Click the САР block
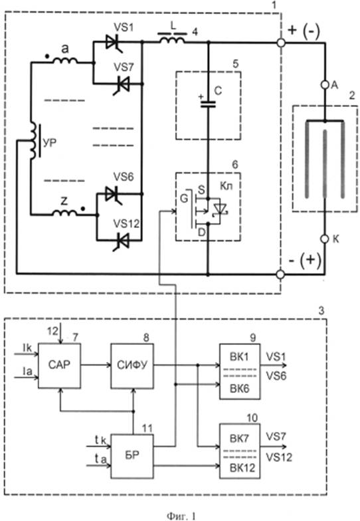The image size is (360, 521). [x=60, y=365]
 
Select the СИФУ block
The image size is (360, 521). [x=132, y=365]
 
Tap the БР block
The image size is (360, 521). [x=132, y=456]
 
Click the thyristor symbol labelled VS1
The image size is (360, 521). [x=114, y=43]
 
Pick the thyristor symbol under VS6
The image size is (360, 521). [x=114, y=194]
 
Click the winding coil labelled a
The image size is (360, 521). [x=65, y=60]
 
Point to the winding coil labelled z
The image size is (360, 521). [x=65, y=213]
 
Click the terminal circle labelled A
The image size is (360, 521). [x=325, y=85]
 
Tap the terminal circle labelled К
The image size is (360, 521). [x=325, y=239]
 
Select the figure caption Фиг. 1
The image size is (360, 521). [x=181, y=515]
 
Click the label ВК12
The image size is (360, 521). [x=242, y=468]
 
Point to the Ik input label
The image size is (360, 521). [x=27, y=348]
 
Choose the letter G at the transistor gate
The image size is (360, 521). [x=183, y=199]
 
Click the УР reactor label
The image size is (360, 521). [x=50, y=144]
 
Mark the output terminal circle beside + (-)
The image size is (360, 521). [x=281, y=43]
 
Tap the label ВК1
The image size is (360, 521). [x=239, y=357]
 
